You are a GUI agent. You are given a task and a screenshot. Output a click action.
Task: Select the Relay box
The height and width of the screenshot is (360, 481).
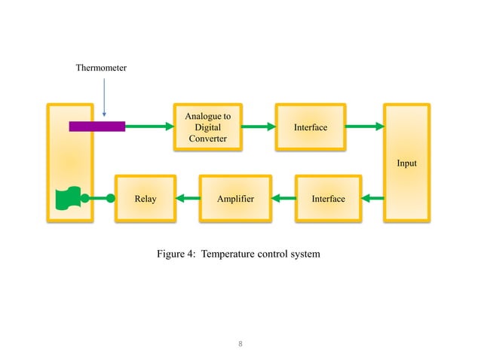tap(145, 199)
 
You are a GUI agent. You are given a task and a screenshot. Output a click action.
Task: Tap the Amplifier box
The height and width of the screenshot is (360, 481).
tap(234, 199)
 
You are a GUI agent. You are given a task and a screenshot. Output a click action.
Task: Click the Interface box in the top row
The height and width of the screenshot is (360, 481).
tap(311, 127)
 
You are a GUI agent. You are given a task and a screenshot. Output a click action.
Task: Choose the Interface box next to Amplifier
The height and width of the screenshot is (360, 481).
tap(328, 199)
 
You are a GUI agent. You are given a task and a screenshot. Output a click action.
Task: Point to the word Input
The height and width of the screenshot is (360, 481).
tap(406, 163)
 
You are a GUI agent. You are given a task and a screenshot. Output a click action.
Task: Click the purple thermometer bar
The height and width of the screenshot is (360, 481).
tap(97, 127)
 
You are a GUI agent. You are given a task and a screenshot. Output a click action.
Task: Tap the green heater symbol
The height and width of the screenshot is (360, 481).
tap(68, 199)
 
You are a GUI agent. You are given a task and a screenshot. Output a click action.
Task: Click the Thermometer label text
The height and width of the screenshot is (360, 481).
tap(101, 69)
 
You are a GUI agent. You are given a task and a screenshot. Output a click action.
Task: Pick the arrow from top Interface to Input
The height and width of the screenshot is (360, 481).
tap(365, 127)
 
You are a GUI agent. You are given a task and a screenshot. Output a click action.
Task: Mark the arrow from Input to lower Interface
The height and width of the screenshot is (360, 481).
tap(372, 199)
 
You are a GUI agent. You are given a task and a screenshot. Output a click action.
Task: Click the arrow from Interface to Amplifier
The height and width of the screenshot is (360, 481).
tap(283, 199)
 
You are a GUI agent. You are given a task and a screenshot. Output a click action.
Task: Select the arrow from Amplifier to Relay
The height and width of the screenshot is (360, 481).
tap(186, 199)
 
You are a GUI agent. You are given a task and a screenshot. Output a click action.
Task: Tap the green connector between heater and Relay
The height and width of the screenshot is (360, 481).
tap(97, 199)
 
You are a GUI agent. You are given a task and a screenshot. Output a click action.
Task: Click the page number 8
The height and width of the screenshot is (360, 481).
tap(240, 344)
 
